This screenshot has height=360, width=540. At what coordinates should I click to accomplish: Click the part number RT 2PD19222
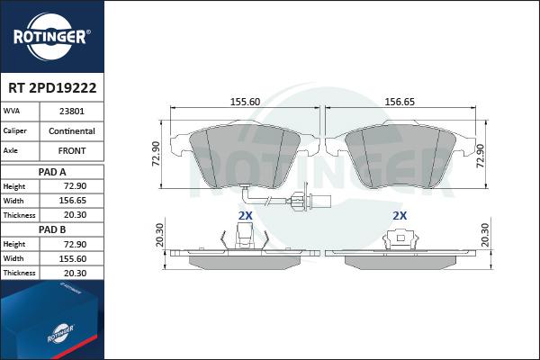[x=52, y=88]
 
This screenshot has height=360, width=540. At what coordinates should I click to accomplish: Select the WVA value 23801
[x=72, y=112]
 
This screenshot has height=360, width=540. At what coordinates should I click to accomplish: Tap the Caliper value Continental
[x=72, y=130]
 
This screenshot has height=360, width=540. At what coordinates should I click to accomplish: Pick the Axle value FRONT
[x=72, y=150]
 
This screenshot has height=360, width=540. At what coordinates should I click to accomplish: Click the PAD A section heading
[x=52, y=172]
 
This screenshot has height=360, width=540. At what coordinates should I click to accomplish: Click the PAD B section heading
[x=52, y=229]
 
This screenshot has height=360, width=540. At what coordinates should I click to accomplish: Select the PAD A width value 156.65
[x=72, y=201]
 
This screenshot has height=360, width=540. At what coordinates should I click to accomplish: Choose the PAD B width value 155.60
[x=72, y=258]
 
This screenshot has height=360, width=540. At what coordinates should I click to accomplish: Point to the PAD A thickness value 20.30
[x=75, y=215]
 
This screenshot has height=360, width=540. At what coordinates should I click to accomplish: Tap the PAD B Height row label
[x=14, y=244]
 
